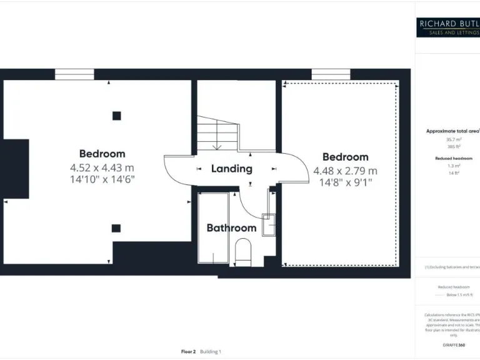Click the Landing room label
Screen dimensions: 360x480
click(x=231, y=169)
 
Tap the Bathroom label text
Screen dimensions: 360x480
click(x=231, y=228)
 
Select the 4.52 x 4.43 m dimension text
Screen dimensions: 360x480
click(x=102, y=167)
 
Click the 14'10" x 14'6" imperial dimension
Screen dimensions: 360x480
click(x=102, y=179)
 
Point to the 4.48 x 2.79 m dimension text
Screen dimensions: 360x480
click(x=345, y=171)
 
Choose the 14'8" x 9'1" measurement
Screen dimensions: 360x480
click(x=345, y=182)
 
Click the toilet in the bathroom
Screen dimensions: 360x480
click(x=242, y=253)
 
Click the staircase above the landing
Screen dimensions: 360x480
click(x=217, y=134)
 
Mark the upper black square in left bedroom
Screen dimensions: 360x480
click(x=116, y=115)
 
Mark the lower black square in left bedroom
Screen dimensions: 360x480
click(x=116, y=228)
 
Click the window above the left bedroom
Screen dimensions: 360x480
click(x=74, y=74)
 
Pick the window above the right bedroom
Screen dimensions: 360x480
click(x=331, y=74)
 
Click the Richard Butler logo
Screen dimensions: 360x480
click(x=448, y=27)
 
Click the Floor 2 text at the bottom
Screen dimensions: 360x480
click(x=188, y=352)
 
